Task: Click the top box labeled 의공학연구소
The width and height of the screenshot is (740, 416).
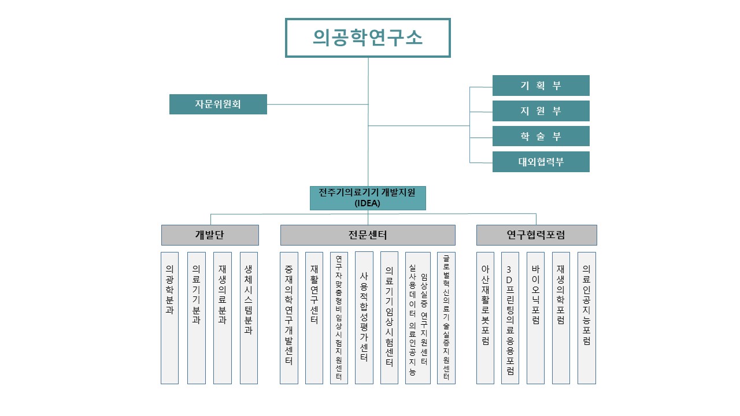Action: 368,38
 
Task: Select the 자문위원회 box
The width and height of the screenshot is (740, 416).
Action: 218,105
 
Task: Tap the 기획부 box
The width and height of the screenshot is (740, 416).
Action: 541,86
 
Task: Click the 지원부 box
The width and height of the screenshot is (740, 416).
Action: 541,111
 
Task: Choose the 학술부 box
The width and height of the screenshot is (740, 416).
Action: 541,136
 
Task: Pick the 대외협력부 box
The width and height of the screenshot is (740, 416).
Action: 541,162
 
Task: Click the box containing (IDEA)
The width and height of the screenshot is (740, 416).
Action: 368,198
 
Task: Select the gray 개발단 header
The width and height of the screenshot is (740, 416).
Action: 210,235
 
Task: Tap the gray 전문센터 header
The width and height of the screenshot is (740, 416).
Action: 368,235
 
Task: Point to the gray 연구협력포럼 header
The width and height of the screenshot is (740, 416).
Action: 536,235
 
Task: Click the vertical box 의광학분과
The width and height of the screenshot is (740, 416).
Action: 170,318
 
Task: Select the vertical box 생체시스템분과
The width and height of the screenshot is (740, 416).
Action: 249,318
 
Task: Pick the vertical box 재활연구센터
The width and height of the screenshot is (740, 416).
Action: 314,318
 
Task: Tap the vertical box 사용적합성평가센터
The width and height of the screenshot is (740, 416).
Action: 364,318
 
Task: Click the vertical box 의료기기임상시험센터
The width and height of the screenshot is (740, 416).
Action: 389,318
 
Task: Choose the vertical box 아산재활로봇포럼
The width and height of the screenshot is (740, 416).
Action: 485,318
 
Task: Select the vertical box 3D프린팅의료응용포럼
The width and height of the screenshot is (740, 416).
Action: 510,318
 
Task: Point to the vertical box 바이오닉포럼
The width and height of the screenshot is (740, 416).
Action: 535,318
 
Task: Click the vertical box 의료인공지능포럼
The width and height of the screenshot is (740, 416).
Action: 587,318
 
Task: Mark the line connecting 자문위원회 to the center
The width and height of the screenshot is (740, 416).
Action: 317,105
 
